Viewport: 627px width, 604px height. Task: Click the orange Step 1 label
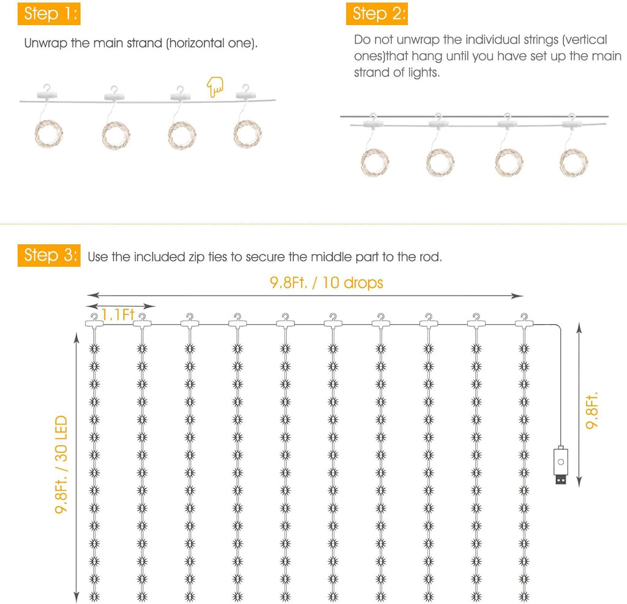click(x=49, y=13)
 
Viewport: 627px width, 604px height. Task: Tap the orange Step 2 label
click(x=377, y=13)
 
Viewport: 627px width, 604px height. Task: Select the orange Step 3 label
click(x=49, y=255)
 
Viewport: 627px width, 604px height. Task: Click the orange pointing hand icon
click(x=215, y=87)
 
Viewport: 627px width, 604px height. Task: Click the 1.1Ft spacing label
click(x=118, y=315)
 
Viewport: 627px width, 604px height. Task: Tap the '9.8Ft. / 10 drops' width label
click(x=326, y=283)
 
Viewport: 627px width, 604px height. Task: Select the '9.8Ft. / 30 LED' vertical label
click(x=61, y=464)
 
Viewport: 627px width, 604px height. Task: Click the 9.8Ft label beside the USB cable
click(x=592, y=411)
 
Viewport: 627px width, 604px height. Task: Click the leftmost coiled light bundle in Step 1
click(x=49, y=134)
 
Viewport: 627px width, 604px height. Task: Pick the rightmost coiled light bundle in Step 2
click(x=573, y=162)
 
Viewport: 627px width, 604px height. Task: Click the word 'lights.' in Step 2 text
click(x=424, y=72)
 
